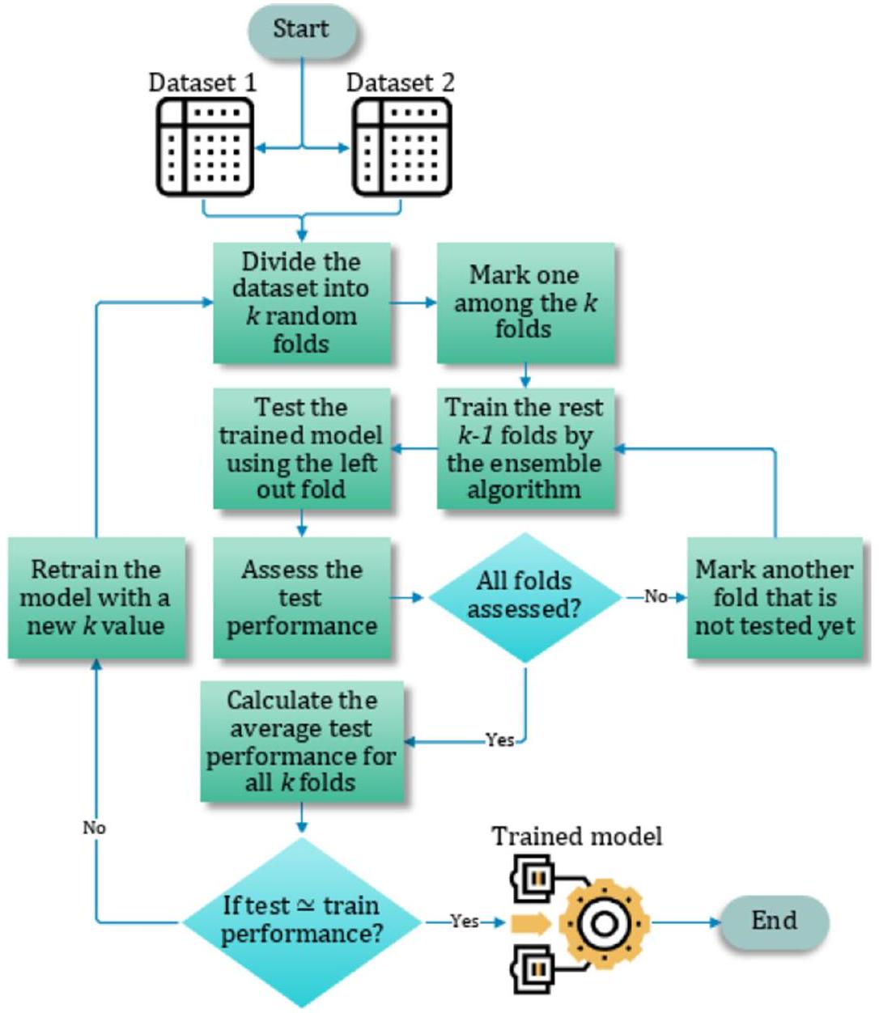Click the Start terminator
(301, 29)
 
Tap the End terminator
(774, 921)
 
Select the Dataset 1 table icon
(205, 147)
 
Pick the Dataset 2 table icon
(402, 147)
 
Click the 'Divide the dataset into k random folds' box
(301, 303)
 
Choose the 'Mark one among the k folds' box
(525, 303)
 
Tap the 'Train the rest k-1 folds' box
(525, 448)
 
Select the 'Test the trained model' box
(301, 448)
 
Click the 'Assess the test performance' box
(301, 598)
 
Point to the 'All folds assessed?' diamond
(524, 597)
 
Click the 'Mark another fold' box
(775, 598)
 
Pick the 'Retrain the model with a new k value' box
(96, 598)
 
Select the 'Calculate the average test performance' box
(301, 742)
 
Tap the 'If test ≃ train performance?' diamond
(301, 921)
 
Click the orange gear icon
(604, 922)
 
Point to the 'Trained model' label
(576, 836)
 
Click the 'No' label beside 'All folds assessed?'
(656, 597)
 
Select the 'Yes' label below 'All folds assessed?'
(499, 740)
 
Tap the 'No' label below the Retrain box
(95, 828)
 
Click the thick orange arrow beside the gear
(532, 922)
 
